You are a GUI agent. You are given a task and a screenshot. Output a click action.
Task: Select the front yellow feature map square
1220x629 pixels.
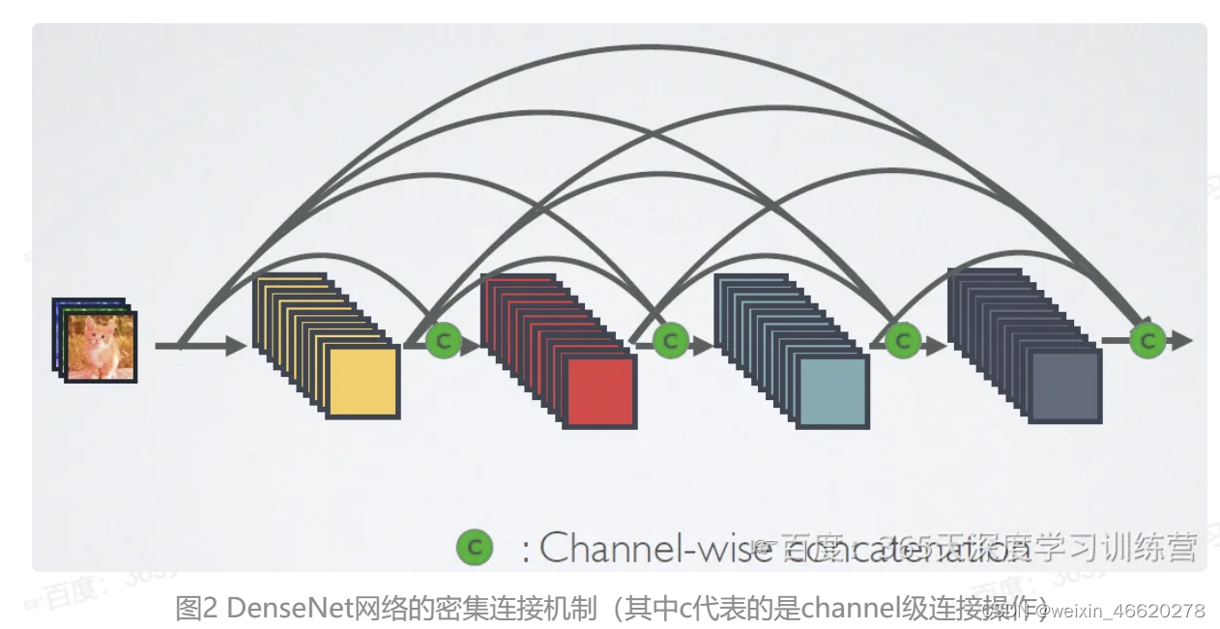pyautogui.click(x=363, y=382)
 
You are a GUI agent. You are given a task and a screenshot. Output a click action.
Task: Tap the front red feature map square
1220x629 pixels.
pyautogui.click(x=600, y=391)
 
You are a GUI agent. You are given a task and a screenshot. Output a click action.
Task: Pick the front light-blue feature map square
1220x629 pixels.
pyautogui.click(x=832, y=391)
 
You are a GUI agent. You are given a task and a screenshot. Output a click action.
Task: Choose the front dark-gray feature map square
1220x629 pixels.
pyautogui.click(x=1064, y=386)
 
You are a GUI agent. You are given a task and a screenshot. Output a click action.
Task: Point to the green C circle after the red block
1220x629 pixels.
pyautogui.click(x=669, y=340)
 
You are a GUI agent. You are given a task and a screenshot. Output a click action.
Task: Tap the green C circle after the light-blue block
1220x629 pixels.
pyautogui.click(x=902, y=340)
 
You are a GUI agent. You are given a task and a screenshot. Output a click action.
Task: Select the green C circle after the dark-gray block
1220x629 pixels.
pyautogui.click(x=1147, y=340)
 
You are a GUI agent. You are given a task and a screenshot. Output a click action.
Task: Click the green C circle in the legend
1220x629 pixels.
pyautogui.click(x=474, y=548)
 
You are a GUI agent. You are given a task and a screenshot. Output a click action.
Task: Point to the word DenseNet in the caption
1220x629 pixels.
pyautogui.click(x=276, y=609)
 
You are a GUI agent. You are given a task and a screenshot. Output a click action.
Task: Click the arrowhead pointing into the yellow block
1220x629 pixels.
pyautogui.click(x=236, y=345)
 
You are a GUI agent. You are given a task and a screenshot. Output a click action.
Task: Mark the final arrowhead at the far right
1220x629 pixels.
pyautogui.click(x=1181, y=340)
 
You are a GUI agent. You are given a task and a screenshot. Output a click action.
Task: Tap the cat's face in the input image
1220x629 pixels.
pyautogui.click(x=97, y=337)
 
